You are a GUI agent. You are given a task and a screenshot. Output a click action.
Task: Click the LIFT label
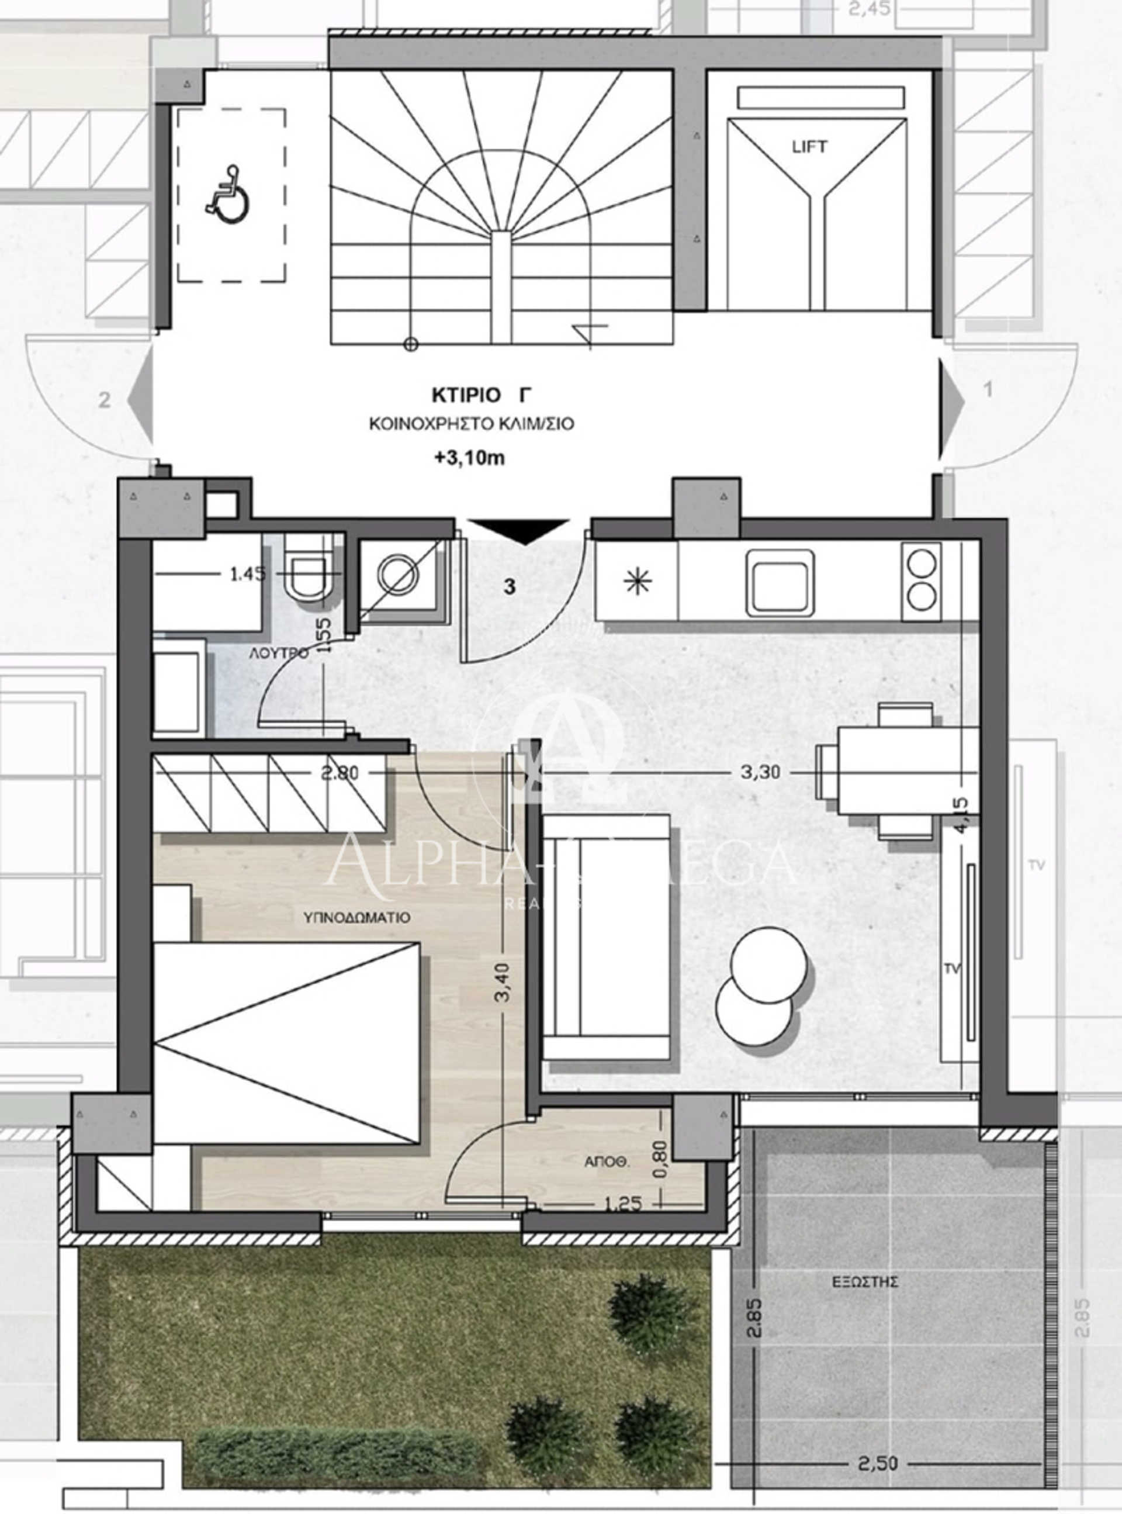pyautogui.click(x=809, y=146)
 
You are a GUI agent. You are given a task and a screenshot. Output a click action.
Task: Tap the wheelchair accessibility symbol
pyautogui.click(x=228, y=193)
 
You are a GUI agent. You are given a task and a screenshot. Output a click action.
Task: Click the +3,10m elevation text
pyautogui.click(x=470, y=458)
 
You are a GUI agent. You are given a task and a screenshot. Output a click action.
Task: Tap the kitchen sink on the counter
pyautogui.click(x=780, y=583)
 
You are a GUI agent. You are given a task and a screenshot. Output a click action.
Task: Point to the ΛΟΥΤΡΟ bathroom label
pyautogui.click(x=279, y=654)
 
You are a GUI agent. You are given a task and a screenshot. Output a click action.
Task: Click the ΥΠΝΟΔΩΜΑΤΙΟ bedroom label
pyautogui.click(x=356, y=917)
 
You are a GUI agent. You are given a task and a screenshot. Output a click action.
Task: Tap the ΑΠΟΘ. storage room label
pyautogui.click(x=608, y=1162)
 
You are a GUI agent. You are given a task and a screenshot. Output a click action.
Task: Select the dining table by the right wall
pyautogui.click(x=886, y=771)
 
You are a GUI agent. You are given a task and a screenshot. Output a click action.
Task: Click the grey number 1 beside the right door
pyautogui.click(x=988, y=390)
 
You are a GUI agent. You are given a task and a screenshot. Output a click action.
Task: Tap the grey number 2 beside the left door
pyautogui.click(x=104, y=399)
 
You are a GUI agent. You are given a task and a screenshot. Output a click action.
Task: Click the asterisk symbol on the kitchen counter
pyautogui.click(x=637, y=583)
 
